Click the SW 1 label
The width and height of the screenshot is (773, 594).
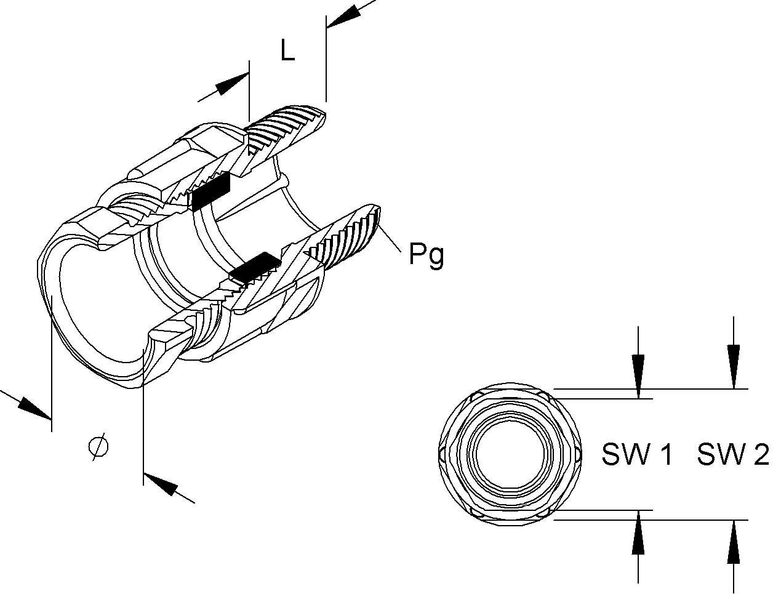point(637,455)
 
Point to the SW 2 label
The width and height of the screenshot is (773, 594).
point(733,455)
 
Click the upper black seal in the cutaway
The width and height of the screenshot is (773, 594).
point(210,191)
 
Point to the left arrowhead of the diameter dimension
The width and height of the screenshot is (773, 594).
point(34,408)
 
